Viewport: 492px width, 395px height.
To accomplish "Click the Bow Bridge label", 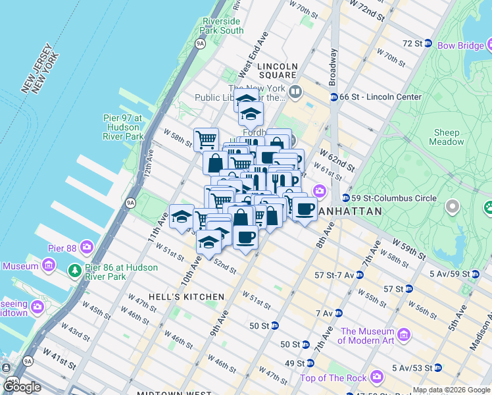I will [x=456, y=45].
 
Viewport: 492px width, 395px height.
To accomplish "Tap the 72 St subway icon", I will [x=428, y=43].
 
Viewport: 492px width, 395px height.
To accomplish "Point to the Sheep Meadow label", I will [x=446, y=137].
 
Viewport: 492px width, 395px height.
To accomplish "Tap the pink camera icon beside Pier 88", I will [x=87, y=248].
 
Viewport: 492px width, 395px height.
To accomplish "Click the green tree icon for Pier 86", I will [x=75, y=271].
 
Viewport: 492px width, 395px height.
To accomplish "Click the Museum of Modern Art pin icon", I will [x=404, y=336].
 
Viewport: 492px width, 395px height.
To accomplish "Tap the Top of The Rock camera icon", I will [x=377, y=377].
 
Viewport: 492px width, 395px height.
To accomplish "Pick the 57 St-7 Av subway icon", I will [x=359, y=275].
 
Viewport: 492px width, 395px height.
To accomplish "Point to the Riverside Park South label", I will [x=223, y=26].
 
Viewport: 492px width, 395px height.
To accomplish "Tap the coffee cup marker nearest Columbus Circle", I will [x=304, y=209].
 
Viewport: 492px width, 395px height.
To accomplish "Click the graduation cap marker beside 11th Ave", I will [x=182, y=217].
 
